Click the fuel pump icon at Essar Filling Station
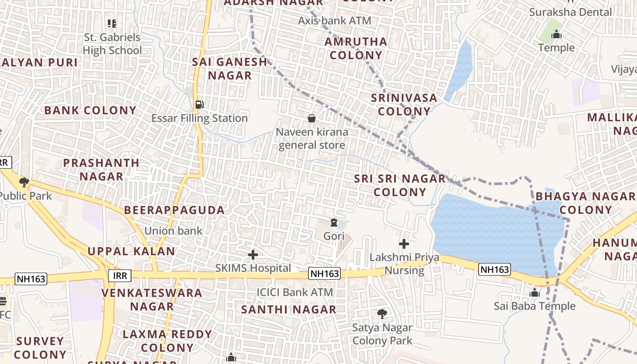pyautogui.click(x=199, y=104)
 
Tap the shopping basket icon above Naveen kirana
pyautogui.click(x=312, y=119)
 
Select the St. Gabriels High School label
pyautogui.click(x=112, y=44)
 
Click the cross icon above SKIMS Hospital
pyautogui.click(x=253, y=255)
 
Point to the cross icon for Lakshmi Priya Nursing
pyautogui.click(x=404, y=244)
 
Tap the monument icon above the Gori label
pyautogui.click(x=334, y=222)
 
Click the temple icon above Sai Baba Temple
pyautogui.click(x=535, y=293)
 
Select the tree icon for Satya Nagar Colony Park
pyautogui.click(x=382, y=313)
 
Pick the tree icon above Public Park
pyautogui.click(x=24, y=183)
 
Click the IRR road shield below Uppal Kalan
pyautogui.click(x=120, y=275)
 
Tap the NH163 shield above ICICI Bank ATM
pyautogui.click(x=324, y=273)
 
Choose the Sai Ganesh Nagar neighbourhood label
pyautogui.click(x=229, y=69)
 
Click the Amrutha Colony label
pyautogui.click(x=356, y=48)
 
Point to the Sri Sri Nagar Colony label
pyautogui.click(x=400, y=185)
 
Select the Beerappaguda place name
pyautogui.click(x=174, y=210)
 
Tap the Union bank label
pyautogui.click(x=173, y=231)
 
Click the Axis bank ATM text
pyautogui.click(x=334, y=20)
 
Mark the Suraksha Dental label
pyautogui.click(x=570, y=12)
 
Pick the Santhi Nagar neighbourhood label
pyautogui.click(x=288, y=309)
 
